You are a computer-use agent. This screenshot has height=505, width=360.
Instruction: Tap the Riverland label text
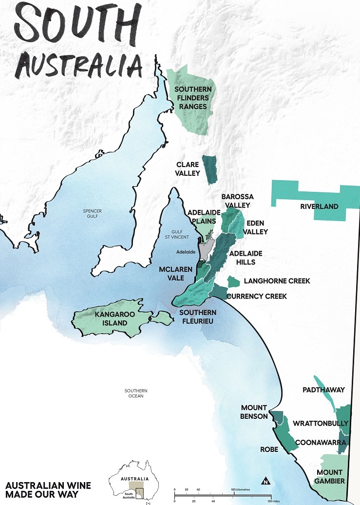[x=319, y=206]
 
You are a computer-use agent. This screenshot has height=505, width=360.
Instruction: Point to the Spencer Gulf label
[x=92, y=214]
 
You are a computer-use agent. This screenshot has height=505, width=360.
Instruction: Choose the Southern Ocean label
[x=135, y=393]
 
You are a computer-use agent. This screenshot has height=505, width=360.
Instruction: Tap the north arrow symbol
[x=265, y=482]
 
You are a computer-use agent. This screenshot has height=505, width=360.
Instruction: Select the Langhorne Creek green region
[x=234, y=281]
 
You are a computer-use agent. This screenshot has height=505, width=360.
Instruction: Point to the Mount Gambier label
[x=330, y=476]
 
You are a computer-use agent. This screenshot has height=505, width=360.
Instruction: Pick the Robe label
[x=269, y=449]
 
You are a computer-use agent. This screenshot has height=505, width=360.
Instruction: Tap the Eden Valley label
[x=253, y=227]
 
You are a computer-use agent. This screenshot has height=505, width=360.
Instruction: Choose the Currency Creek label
[x=257, y=296]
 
